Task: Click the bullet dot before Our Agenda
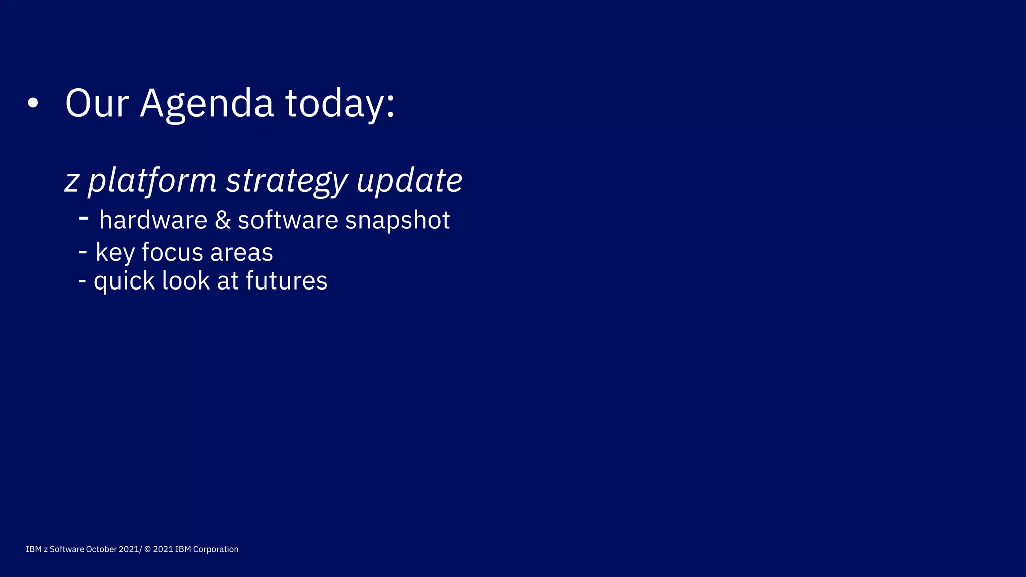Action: (33, 103)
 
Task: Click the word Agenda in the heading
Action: (206, 104)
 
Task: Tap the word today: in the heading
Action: (340, 104)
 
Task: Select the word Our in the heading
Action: (97, 103)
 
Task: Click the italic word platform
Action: (152, 181)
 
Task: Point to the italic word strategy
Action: (287, 181)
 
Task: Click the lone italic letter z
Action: (72, 182)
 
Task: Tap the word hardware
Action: (153, 220)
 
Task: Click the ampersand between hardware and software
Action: (223, 220)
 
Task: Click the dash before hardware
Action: (84, 218)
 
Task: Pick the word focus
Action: (172, 252)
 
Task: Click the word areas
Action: (241, 253)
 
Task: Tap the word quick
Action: (124, 281)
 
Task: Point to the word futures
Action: (287, 280)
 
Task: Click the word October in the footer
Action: (101, 549)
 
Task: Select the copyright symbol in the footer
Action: (147, 549)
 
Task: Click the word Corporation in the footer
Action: (216, 549)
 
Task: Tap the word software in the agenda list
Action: (288, 220)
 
